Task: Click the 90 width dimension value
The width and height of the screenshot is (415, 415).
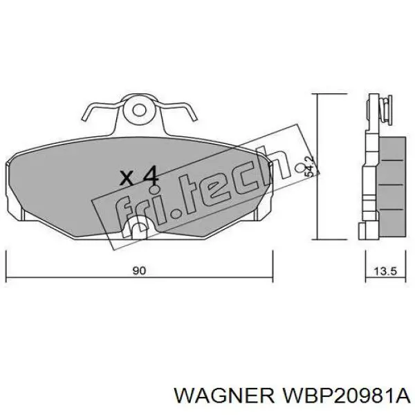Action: pyautogui.click(x=138, y=271)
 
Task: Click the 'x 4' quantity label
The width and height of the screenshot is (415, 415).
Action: pyautogui.click(x=139, y=176)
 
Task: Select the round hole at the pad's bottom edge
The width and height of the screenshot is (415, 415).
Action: pyautogui.click(x=140, y=226)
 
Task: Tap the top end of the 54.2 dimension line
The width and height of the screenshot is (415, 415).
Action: pyautogui.click(x=316, y=95)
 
